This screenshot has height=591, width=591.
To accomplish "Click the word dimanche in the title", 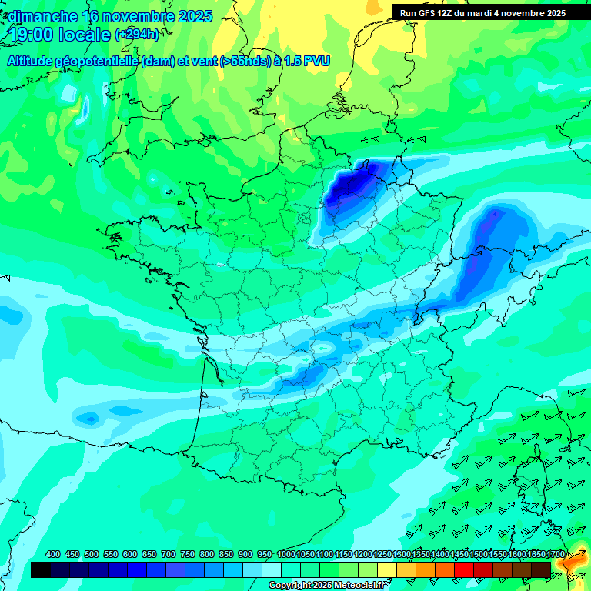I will (42, 16).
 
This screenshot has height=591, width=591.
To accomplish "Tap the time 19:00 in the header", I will (30, 35).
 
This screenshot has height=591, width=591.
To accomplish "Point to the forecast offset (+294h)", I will (136, 35).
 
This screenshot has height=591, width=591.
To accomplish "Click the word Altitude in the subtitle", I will (35, 62).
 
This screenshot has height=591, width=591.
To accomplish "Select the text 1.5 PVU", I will (307, 62).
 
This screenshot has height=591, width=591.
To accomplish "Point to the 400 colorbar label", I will (53, 554).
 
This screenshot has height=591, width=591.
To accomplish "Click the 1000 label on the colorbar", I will (285, 554).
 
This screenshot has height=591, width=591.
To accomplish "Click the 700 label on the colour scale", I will (169, 554).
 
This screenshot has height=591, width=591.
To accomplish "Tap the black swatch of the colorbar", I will (41, 569).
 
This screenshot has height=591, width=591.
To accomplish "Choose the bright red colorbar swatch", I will (464, 569).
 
